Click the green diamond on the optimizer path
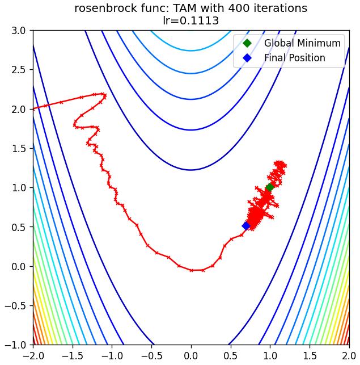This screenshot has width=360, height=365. coord(270,187)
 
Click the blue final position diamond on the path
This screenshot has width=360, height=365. coord(246,226)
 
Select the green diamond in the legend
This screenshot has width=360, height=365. coord(247,43)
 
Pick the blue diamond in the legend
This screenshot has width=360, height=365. coord(247,58)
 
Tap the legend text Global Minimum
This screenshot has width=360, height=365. coord(302,43)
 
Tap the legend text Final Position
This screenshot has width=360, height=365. coord(294,58)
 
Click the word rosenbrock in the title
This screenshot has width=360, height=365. coord(106,9)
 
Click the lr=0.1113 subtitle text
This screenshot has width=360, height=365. coord(190,20)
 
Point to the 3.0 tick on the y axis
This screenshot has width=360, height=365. coord(19,31)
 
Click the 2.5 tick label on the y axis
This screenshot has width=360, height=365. coord(19,70)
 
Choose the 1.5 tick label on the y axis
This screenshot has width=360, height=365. coord(19,148)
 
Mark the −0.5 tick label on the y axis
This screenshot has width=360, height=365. coord(15,305)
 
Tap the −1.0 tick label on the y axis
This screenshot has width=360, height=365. coord(15,345)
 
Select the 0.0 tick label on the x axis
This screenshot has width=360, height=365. coord(191,356)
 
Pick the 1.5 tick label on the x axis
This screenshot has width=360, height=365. coord(310,356)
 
